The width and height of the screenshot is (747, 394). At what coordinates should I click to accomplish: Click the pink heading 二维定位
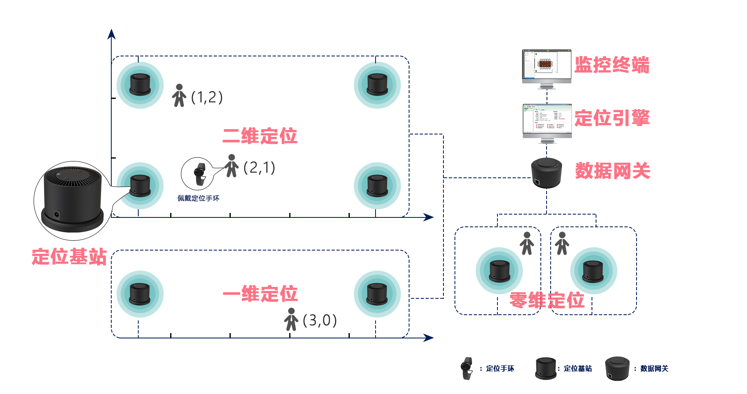coord(260,136)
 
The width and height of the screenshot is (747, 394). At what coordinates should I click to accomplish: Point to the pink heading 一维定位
coord(260,294)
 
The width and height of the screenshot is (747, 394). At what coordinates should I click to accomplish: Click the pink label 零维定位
coord(547,300)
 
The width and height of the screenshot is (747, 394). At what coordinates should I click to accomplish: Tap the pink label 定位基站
coord(69,257)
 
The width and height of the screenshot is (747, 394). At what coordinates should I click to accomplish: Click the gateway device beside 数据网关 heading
coord(547,172)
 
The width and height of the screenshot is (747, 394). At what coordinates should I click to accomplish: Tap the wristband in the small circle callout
coord(200,174)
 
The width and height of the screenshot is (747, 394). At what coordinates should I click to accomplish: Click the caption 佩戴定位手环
coord(198,198)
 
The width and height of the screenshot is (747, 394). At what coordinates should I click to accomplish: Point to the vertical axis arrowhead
coord(111,34)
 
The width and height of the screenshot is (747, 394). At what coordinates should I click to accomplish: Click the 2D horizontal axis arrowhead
coord(429,217)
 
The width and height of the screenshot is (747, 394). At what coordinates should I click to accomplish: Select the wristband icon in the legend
coord(466,368)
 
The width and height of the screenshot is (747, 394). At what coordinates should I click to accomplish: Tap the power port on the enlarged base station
coord(56,214)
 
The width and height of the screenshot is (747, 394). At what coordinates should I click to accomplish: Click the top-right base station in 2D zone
coord(377,85)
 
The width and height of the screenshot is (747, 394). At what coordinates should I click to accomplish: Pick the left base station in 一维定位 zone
coord(139,294)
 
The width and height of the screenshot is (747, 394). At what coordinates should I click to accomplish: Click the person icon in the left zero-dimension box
coord(527,243)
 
